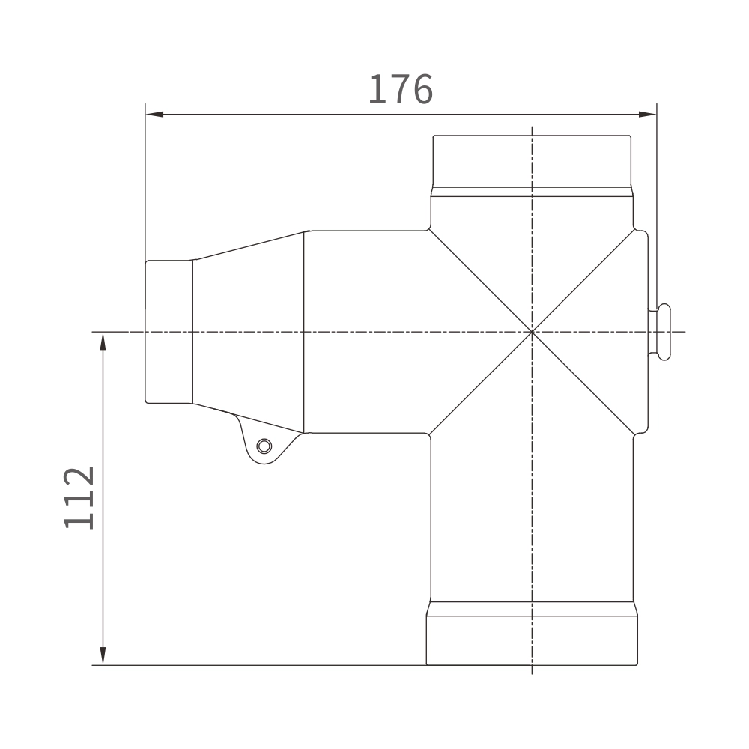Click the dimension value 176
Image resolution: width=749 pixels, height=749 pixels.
401,89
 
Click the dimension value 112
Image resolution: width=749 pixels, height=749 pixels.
79,498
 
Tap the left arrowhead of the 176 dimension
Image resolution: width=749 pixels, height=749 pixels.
154,114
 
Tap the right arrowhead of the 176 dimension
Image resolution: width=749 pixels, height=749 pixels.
647,114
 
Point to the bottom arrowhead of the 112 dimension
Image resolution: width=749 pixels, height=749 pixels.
103,656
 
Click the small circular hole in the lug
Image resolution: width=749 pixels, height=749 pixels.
264,446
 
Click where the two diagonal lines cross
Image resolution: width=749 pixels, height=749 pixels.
532,332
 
